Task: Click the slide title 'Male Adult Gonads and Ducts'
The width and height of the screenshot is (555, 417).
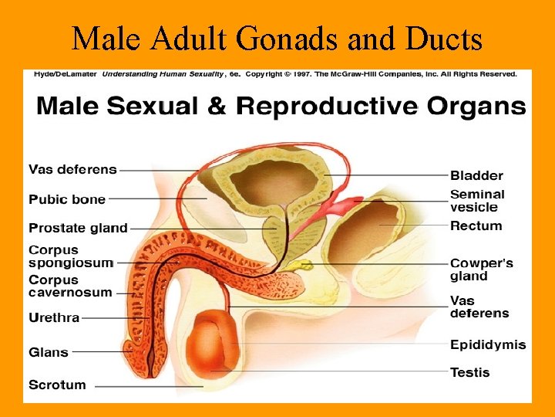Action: (277, 39)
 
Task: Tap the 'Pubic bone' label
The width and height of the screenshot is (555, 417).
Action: (67, 199)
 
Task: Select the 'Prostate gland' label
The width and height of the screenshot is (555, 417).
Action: (78, 228)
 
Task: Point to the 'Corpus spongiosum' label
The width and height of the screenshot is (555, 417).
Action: (70, 256)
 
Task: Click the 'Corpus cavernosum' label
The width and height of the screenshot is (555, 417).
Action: (70, 286)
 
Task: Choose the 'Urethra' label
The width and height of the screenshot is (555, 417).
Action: (54, 317)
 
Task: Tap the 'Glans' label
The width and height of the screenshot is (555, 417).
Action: (49, 352)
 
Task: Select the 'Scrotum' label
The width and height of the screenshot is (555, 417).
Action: (57, 385)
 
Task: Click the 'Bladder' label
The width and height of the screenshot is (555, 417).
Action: (476, 175)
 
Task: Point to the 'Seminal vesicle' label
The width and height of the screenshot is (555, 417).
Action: (477, 201)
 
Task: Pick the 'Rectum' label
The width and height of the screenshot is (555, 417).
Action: (476, 226)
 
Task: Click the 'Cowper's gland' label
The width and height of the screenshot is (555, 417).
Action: (482, 270)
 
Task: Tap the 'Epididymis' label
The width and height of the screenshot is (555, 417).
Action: (488, 344)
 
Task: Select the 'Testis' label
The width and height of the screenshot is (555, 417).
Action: (469, 372)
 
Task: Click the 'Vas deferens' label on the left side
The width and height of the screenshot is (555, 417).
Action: (72, 169)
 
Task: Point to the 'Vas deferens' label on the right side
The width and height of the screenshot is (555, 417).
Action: (479, 307)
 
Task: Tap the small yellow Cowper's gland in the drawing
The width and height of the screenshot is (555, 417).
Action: (305, 266)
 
